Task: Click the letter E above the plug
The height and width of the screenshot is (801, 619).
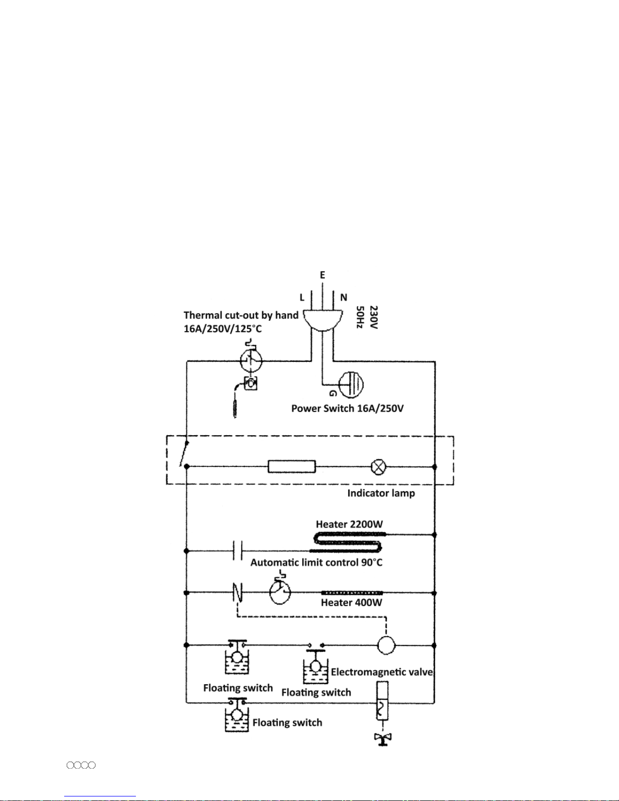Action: point(322,275)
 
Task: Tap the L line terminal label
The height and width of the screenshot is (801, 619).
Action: point(302,298)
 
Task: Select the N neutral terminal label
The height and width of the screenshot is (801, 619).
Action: point(344,298)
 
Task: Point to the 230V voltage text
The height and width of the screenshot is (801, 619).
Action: point(373,317)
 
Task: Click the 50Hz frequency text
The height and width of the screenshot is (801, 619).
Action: point(360,317)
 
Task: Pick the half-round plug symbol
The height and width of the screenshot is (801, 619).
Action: point(323,321)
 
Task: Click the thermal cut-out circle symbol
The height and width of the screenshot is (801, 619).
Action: point(251,360)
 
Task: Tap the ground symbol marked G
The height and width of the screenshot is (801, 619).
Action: point(351,385)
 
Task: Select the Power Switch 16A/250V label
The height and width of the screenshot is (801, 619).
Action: point(348,408)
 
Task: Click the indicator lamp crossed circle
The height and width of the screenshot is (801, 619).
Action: point(378,467)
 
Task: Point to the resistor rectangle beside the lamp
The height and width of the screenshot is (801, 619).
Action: point(292,466)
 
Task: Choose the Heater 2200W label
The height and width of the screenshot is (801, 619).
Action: point(349,524)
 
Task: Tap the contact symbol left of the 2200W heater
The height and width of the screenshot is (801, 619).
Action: point(237,551)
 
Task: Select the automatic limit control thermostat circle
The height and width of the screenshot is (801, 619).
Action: point(280,592)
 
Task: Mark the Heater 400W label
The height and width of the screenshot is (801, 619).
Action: point(352,603)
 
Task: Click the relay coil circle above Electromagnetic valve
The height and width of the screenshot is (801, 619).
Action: point(386,645)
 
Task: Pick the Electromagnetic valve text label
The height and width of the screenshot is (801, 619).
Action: point(382,672)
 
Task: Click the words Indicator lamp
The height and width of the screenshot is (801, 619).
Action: point(381,493)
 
